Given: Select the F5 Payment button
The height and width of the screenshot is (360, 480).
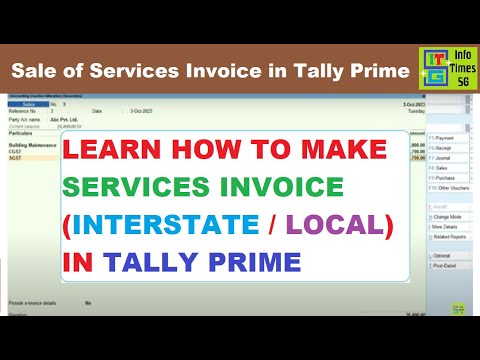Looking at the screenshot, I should [x=443, y=137].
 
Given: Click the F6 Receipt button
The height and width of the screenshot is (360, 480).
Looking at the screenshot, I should [x=443, y=147].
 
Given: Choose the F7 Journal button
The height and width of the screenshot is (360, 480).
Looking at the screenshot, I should [x=443, y=157].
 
